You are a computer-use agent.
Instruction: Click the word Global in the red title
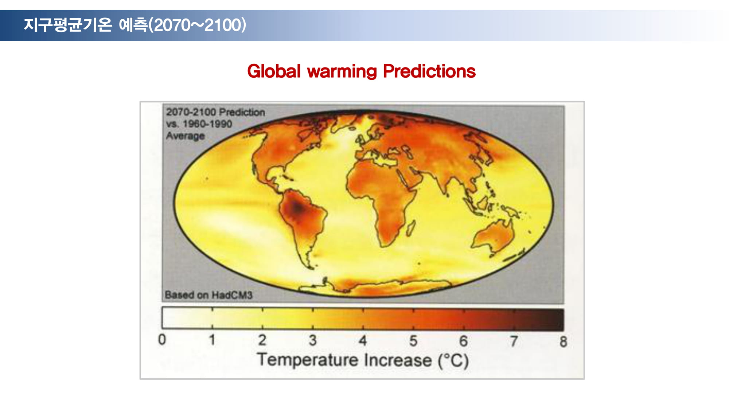click(x=274, y=71)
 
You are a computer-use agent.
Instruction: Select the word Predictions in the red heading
click(x=429, y=71)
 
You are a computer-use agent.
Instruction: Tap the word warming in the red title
click(x=342, y=72)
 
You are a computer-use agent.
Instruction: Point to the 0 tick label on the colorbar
click(x=162, y=339)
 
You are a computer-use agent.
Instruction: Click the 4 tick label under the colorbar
click(x=363, y=340)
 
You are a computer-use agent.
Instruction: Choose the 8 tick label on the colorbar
click(x=563, y=341)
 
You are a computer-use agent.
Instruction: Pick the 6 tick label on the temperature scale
click(x=463, y=341)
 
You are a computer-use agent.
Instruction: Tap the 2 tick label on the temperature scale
click(x=262, y=340)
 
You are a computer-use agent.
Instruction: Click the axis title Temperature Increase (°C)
click(x=363, y=360)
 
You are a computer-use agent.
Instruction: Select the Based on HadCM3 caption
click(x=208, y=295)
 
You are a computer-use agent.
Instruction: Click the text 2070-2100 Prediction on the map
click(x=215, y=112)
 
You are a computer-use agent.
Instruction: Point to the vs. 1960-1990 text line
click(x=199, y=124)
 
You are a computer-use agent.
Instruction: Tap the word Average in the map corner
click(x=185, y=136)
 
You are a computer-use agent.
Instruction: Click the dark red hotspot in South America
click(x=297, y=208)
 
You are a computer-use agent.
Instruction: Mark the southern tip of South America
click(x=312, y=268)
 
